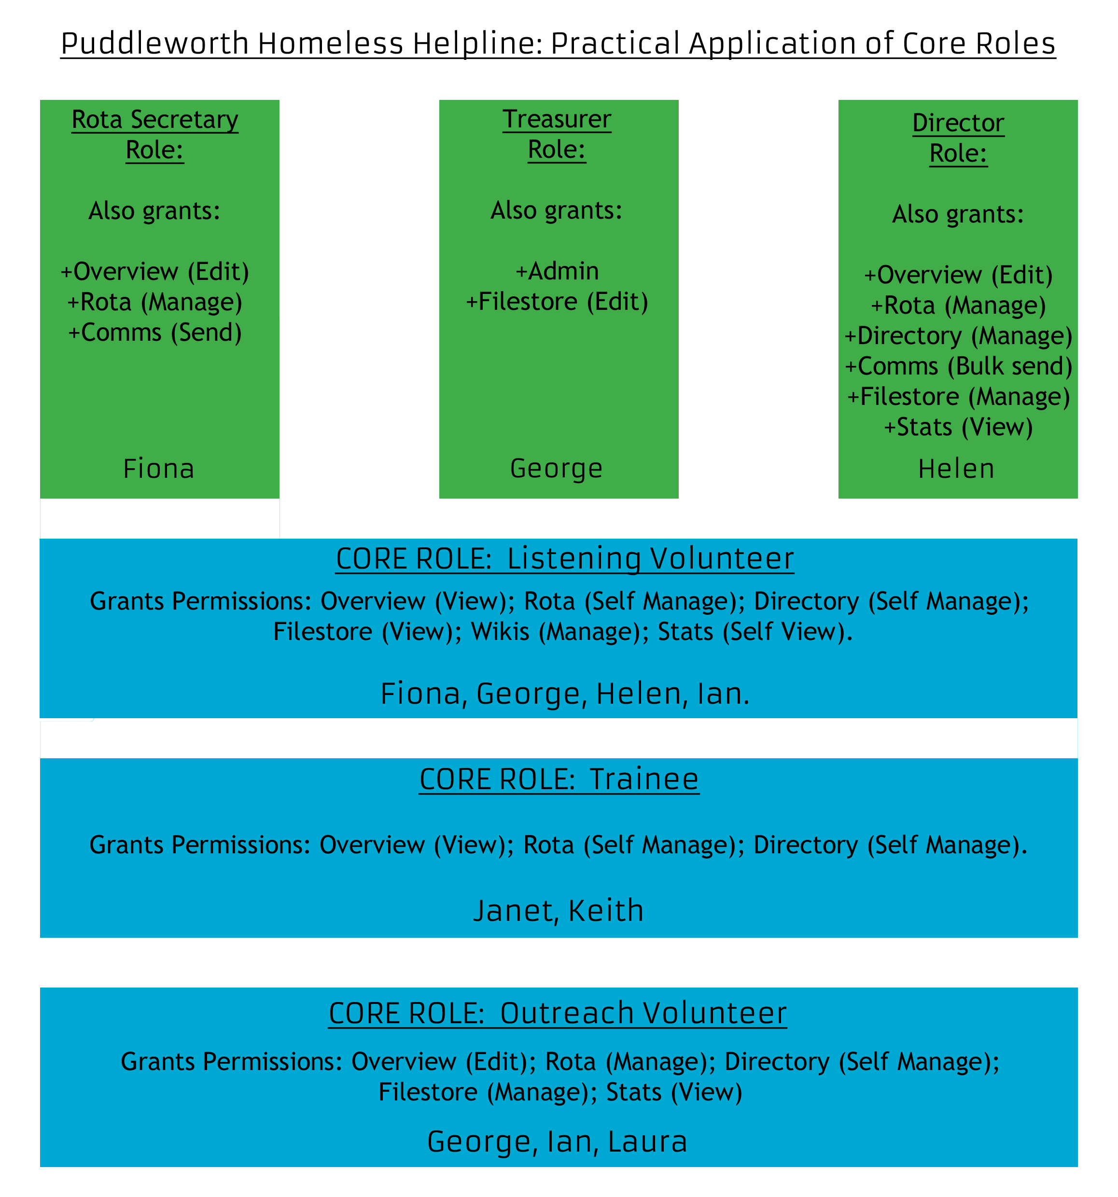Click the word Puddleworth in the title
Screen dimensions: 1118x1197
coord(155,44)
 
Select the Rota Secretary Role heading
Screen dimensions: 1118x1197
coord(155,135)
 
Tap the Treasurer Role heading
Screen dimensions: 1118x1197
coord(557,134)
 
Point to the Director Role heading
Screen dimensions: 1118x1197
coord(958,138)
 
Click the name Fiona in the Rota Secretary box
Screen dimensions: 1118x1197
coord(159,469)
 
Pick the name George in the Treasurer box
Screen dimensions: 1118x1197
coord(556,469)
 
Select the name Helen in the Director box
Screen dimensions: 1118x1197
coord(956,469)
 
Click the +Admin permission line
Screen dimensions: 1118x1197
coord(557,271)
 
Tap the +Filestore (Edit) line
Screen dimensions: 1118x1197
coord(557,302)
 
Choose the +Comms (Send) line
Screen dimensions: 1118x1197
coord(155,333)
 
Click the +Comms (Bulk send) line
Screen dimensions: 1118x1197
coord(958,366)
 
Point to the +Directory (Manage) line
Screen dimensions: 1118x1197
coord(958,336)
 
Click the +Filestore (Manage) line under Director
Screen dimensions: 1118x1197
coord(958,397)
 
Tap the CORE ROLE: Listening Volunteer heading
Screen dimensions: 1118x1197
coord(565,559)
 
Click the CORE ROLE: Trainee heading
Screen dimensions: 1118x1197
coord(559,779)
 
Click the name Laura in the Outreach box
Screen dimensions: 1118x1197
coord(647,1141)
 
